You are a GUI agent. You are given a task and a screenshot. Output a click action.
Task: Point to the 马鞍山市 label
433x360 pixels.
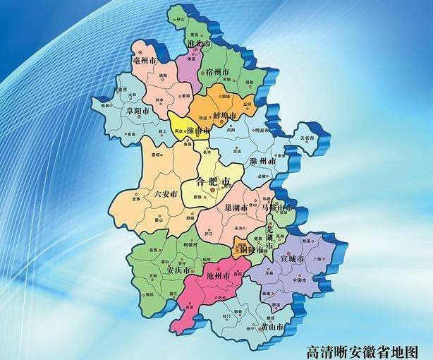tap(277, 209)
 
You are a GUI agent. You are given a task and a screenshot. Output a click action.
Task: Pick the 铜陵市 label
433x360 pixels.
tap(251, 250)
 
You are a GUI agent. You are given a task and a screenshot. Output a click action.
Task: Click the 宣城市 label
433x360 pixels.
tap(291, 260)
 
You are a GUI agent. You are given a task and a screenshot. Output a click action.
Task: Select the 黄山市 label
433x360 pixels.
tap(271, 327)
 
